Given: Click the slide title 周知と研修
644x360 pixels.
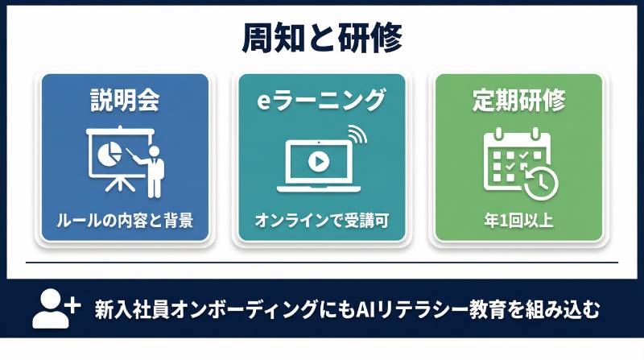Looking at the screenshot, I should (x=321, y=38).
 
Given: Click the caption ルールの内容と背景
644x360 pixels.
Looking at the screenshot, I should (x=124, y=219).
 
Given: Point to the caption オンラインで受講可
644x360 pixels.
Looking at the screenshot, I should (x=321, y=219).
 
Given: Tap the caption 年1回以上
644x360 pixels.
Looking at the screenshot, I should (x=518, y=219).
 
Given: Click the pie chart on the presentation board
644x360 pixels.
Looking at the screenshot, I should (x=107, y=151).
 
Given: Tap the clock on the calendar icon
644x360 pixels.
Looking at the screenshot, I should (x=541, y=180).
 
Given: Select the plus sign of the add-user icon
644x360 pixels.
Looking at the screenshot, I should (x=72, y=304).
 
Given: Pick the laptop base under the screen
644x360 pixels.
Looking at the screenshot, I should (x=316, y=188).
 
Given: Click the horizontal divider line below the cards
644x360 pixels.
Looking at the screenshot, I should (x=322, y=263).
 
